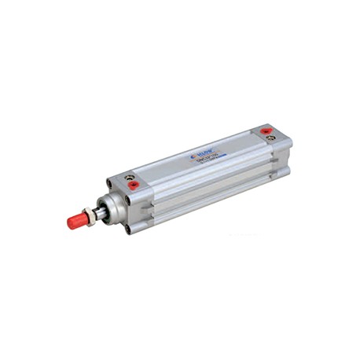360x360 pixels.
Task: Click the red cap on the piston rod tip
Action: pos(77,221)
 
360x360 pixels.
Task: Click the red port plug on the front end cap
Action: pos(134,186)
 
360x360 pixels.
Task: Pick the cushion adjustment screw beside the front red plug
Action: pos(129,177)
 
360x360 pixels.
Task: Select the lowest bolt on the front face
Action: pos(126,230)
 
